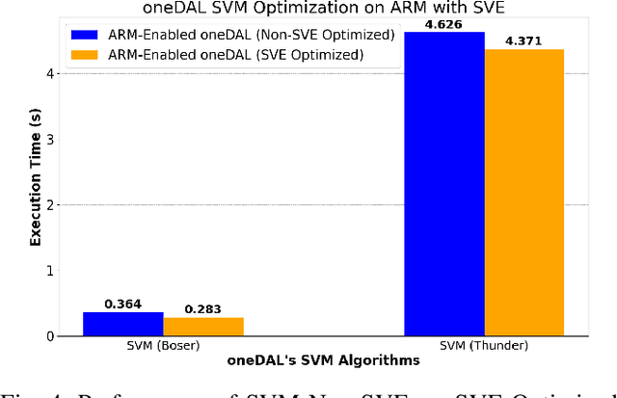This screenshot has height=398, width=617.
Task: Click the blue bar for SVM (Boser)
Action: tap(123, 324)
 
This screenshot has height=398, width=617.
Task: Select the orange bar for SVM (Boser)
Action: tap(203, 327)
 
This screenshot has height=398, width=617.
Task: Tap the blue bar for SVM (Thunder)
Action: tap(443, 184)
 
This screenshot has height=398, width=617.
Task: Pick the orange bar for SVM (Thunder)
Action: tap(523, 193)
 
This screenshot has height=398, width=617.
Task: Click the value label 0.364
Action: tap(123, 304)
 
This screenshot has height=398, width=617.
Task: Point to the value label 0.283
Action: tap(203, 309)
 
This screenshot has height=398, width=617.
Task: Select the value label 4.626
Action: tap(443, 24)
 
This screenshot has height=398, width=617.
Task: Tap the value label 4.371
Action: tap(523, 40)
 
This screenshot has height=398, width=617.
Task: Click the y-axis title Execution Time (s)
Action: tap(36, 183)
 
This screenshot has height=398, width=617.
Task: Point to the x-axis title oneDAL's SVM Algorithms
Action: tap(323, 360)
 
